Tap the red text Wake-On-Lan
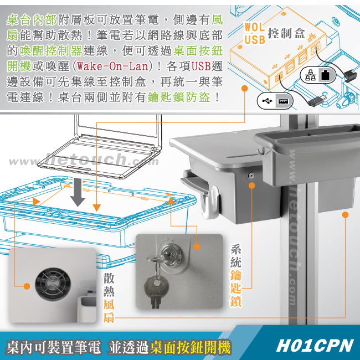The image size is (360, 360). [112, 66]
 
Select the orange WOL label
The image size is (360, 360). [254, 27]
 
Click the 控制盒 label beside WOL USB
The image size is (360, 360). [286, 34]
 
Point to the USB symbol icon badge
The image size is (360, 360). [275, 101]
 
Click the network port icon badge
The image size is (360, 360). [318, 75]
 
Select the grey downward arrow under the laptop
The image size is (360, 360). [78, 192]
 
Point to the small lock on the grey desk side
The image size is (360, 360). [251, 176]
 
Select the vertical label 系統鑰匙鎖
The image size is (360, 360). [236, 275]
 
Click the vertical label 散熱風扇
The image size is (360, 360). [109, 297]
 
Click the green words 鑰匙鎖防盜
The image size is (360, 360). [179, 97]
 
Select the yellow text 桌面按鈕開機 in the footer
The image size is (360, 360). [190, 347]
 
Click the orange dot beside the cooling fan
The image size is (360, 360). [27, 286]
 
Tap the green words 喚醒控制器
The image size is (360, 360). [50, 51]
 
